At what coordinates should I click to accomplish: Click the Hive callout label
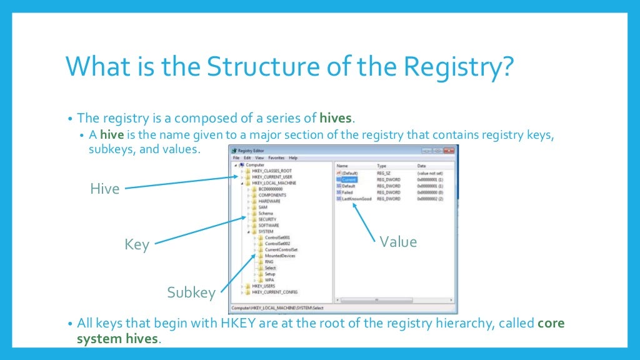(104, 188)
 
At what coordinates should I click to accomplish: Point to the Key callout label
(137, 244)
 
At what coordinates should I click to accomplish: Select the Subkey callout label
(191, 292)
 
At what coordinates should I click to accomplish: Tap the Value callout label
(398, 241)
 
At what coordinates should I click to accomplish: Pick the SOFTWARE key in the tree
(269, 225)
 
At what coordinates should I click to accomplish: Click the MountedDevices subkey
(279, 256)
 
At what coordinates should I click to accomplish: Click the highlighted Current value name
(348, 179)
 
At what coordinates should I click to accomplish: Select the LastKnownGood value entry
(356, 199)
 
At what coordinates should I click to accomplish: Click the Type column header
(381, 166)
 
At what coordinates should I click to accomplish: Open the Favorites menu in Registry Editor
(276, 158)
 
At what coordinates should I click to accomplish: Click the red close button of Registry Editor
(448, 151)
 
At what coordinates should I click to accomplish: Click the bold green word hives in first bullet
(336, 118)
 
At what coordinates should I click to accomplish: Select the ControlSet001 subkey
(277, 237)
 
